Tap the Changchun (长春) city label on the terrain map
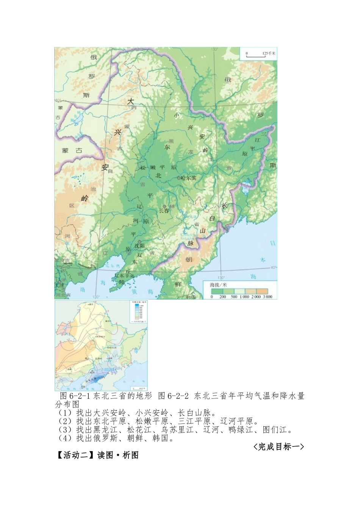tap(164, 211)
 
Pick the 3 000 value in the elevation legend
tap(268, 297)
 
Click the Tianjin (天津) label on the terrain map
tap(58, 284)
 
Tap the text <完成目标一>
tap(278, 447)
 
